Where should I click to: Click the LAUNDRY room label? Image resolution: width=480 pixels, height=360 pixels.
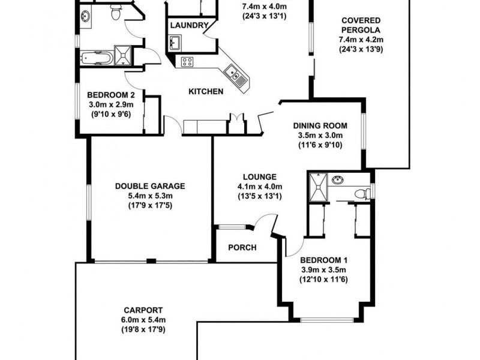189,25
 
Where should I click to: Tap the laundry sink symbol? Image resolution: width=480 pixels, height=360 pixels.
176,43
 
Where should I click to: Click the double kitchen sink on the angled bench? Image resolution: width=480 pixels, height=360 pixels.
234,74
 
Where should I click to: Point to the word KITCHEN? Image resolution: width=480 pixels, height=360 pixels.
206,92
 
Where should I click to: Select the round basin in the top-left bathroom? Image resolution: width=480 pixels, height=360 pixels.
85,16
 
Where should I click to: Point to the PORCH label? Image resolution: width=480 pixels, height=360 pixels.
243,248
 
